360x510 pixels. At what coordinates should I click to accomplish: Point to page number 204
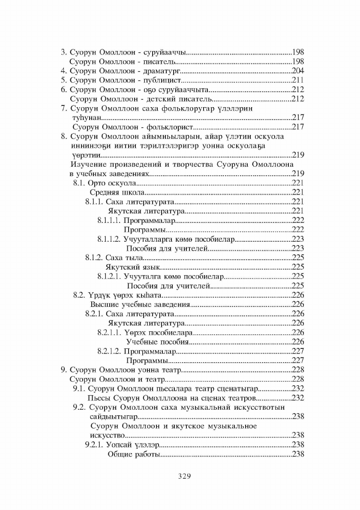coord(298,71)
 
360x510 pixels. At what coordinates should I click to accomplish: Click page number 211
coord(298,80)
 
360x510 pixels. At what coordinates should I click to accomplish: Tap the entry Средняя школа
coord(116,193)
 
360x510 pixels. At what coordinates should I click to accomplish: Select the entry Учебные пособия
coord(157,342)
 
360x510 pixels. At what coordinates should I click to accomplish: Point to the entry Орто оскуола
coord(106,183)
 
